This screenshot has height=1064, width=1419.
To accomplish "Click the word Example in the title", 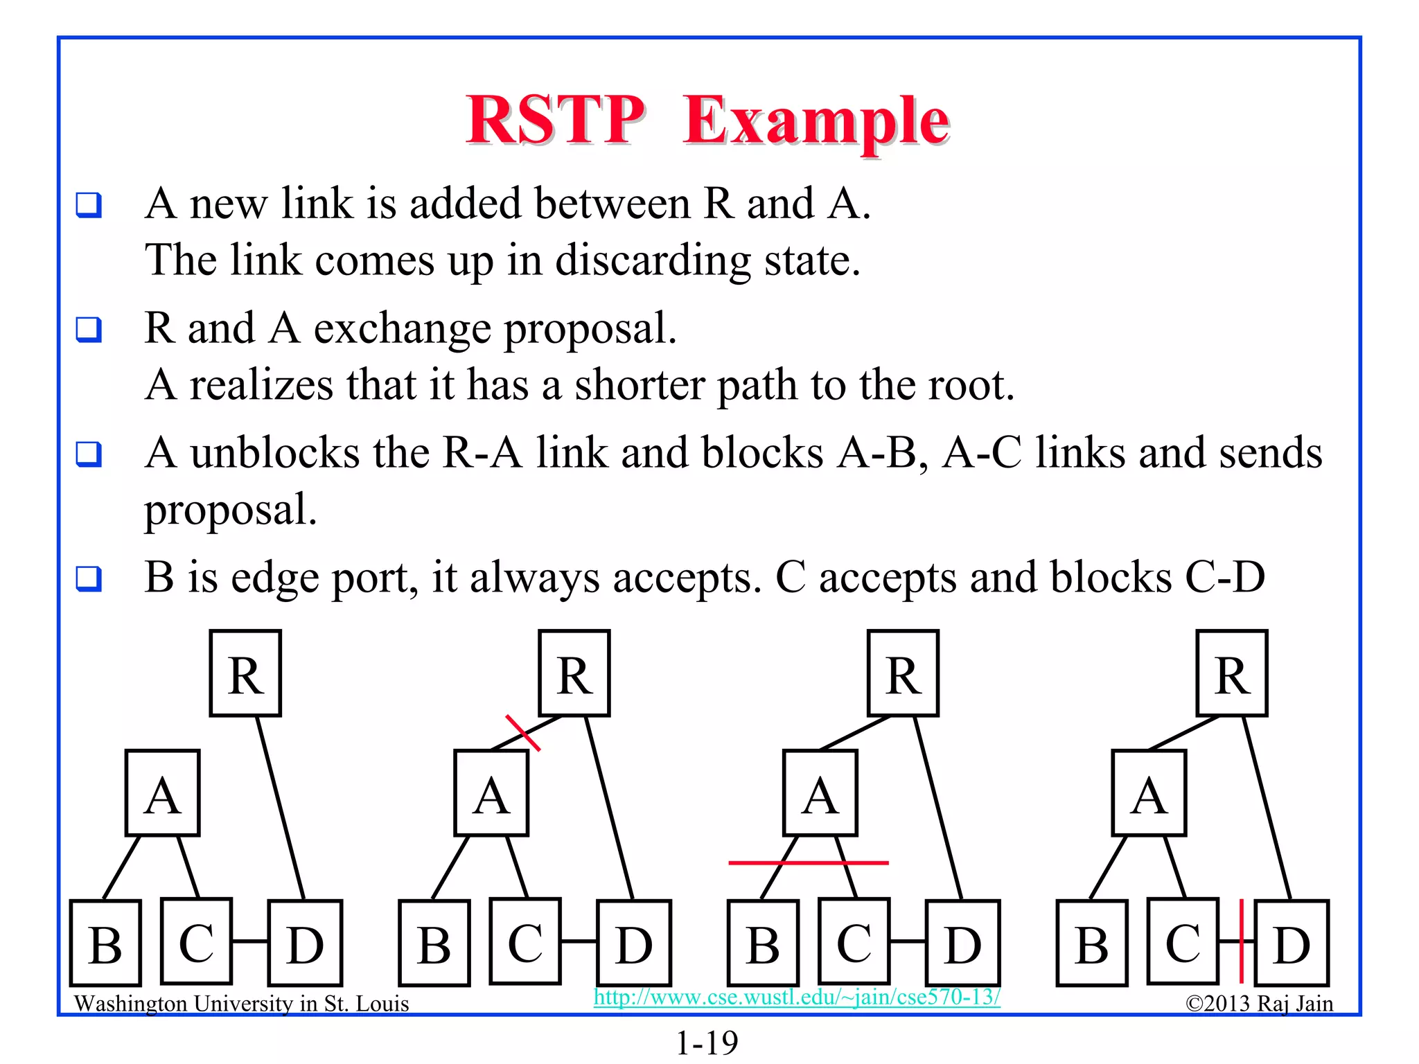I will tap(816, 121).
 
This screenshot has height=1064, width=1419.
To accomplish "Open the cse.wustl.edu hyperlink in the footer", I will tap(797, 997).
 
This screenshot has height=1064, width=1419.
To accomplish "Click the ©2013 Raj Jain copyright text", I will tap(1259, 1004).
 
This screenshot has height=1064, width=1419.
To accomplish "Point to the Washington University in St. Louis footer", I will tap(241, 1004).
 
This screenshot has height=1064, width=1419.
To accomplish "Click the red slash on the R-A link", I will tap(523, 733).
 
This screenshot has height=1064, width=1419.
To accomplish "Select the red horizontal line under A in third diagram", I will tap(808, 863).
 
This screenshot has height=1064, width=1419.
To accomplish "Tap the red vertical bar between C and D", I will tap(1241, 941).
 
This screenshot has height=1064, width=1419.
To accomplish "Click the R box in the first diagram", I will tap(246, 673).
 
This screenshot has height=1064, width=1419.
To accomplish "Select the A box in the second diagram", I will tap(491, 793).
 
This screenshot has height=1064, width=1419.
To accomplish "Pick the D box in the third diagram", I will tap(962, 943).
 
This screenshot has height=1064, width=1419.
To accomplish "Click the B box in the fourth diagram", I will tap(1092, 943).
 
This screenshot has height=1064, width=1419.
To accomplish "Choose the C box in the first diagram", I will tap(196, 941).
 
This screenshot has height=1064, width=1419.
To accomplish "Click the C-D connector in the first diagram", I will tap(250, 941).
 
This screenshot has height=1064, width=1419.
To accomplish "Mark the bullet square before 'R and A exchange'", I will tap(89, 330).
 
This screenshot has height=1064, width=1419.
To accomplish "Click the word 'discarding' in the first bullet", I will tap(653, 260).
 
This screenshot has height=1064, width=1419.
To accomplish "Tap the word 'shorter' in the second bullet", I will tap(640, 385).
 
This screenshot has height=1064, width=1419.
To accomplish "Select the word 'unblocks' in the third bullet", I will tap(275, 453).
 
